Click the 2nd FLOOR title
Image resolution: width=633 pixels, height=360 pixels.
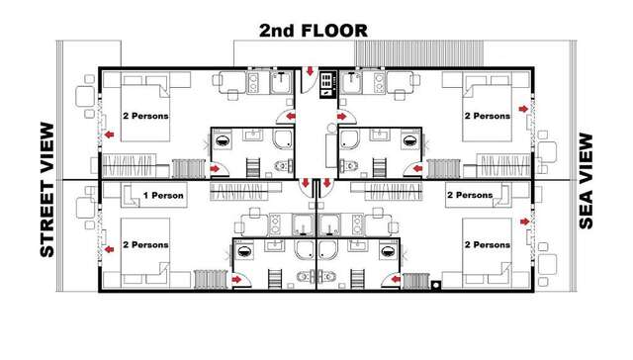[x=314, y=30]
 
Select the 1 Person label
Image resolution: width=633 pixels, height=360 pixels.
[x=163, y=196]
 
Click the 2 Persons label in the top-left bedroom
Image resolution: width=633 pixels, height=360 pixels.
[x=145, y=116]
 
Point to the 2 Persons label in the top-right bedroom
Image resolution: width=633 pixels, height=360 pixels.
[x=488, y=116]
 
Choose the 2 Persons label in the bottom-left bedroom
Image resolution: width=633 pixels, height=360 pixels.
[x=145, y=244]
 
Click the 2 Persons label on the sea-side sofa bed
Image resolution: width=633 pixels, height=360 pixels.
[x=469, y=196]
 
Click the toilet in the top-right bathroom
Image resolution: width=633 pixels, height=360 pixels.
[x=348, y=165]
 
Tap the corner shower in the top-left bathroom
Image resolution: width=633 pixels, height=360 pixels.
[x=285, y=137]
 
